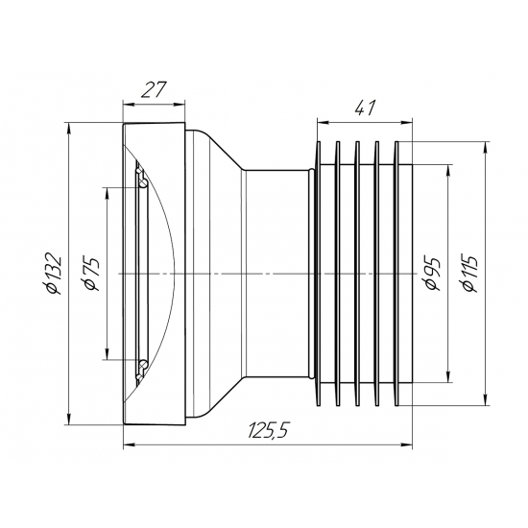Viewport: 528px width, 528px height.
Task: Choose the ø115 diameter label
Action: click(470, 271)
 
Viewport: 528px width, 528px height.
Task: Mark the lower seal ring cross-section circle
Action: click(142, 365)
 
